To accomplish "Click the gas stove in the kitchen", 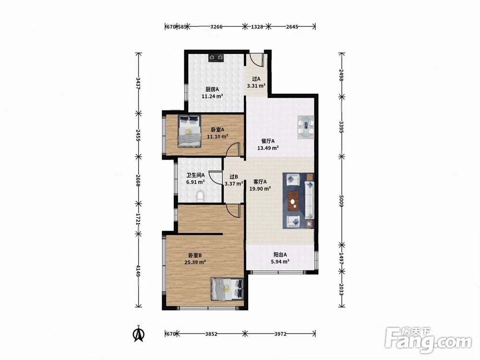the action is tap(216, 58).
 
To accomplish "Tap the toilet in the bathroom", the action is tap(200, 196).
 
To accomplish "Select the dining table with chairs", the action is tap(306, 127).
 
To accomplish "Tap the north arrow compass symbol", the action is tap(139, 334).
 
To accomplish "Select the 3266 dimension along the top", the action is tap(216, 26).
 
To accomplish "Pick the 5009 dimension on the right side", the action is tap(342, 201).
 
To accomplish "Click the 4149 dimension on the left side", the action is tap(138, 271).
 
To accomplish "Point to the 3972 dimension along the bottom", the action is tap(280, 334).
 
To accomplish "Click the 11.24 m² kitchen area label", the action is tap(212, 96).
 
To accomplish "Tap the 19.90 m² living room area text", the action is tap(260, 189).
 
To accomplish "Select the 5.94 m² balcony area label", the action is tap(280, 262).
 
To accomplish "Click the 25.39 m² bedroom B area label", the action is tap(195, 262).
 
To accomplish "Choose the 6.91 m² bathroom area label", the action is tap(196, 182).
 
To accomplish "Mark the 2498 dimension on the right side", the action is tap(342, 75).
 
